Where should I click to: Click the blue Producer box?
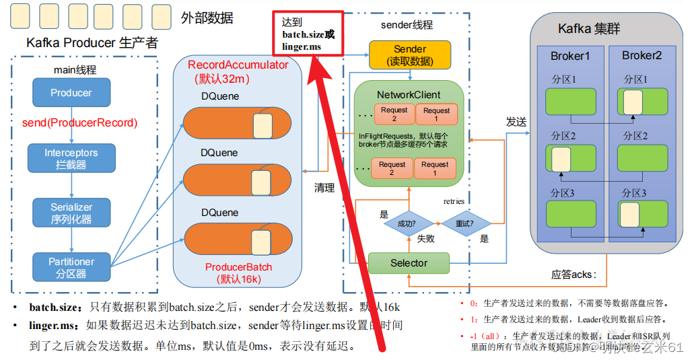71,92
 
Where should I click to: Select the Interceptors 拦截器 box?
71,158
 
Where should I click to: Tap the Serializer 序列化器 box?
71,213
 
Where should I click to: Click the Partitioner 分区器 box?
71,267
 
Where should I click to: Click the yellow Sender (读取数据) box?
409,55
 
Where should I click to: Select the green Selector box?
409,263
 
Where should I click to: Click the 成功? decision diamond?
407,223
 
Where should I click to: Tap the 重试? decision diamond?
464,223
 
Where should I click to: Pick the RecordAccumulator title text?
238,65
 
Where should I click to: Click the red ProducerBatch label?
238,267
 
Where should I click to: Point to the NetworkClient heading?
409,95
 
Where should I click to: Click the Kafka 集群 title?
589,29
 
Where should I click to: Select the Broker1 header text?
569,56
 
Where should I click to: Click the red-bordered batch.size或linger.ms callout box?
308,33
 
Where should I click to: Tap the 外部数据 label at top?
207,18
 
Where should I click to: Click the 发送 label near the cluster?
516,122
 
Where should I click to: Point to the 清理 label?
324,188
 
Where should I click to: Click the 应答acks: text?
574,275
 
